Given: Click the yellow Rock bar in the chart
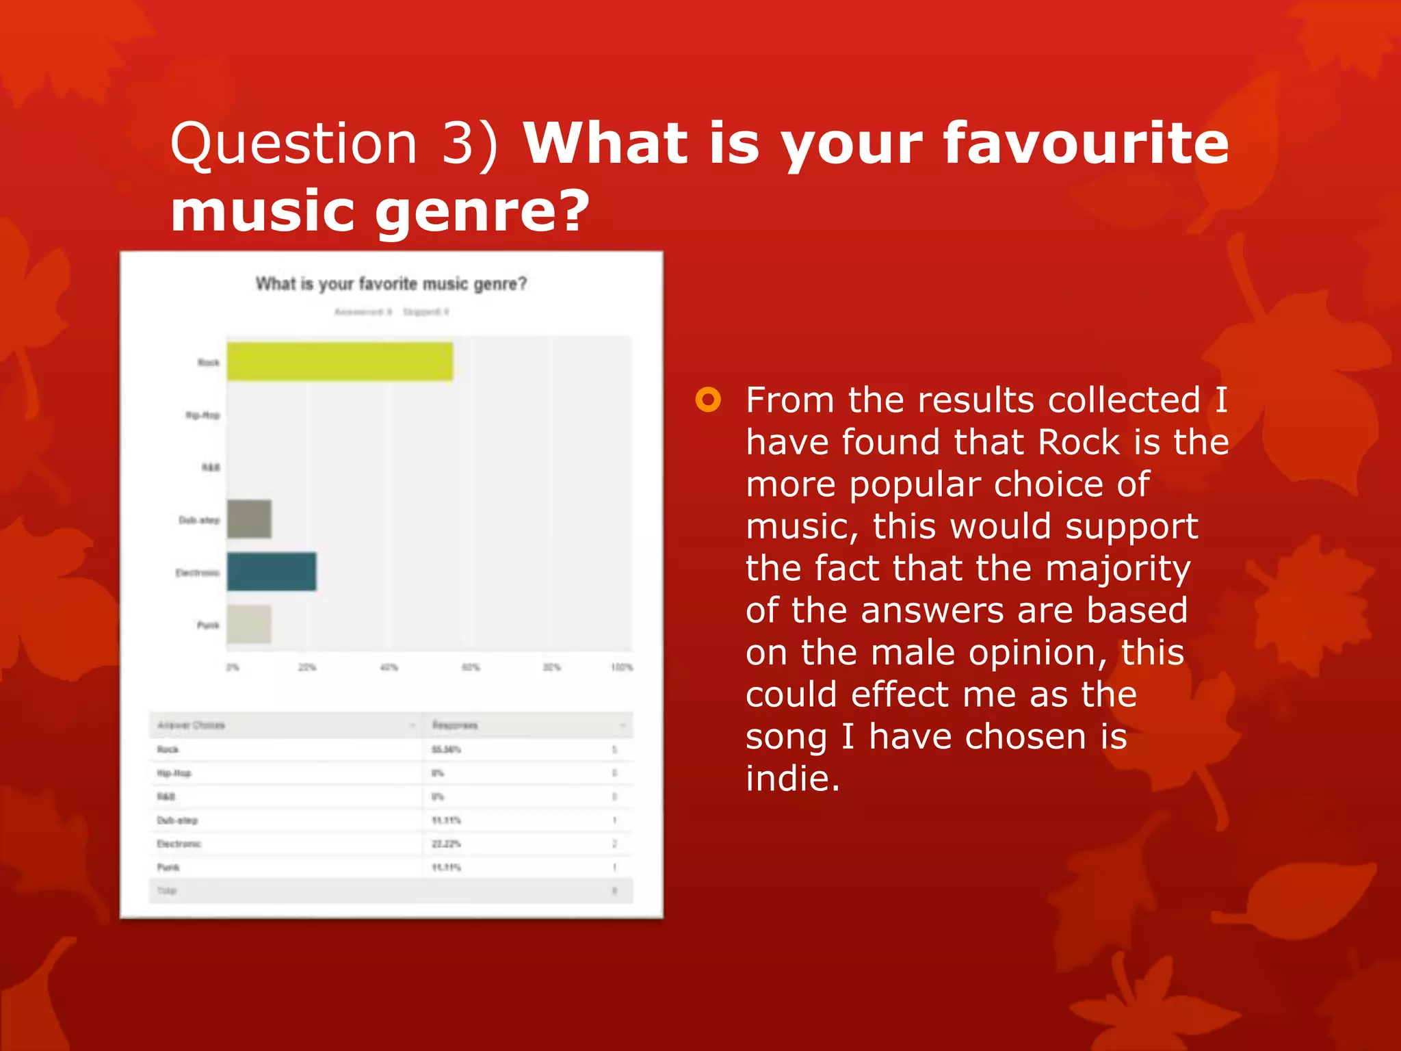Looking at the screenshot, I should click(x=340, y=361).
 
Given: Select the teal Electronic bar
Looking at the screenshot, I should click(x=272, y=571).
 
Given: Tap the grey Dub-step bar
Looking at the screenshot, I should click(x=249, y=519).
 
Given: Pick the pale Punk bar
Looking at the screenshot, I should click(x=249, y=624).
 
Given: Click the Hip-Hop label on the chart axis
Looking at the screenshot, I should click(x=202, y=415).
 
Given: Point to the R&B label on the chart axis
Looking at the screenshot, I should click(x=211, y=467).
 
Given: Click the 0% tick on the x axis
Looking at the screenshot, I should click(x=233, y=667).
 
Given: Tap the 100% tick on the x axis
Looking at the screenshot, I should click(x=622, y=667).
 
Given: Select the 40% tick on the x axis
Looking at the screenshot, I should click(x=389, y=667).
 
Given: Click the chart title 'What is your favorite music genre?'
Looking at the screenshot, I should click(x=391, y=284).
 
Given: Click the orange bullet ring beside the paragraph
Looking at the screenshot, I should click(x=708, y=400).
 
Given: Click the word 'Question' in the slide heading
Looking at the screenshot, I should click(x=293, y=143).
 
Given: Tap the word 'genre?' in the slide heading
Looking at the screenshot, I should click(x=482, y=210).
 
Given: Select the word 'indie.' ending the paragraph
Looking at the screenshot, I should click(x=793, y=779).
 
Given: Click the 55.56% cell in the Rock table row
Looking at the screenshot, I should click(x=446, y=750).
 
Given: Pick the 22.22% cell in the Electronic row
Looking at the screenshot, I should click(x=446, y=844).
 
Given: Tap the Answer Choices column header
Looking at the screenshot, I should click(x=191, y=725).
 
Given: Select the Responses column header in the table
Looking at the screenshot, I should click(x=455, y=725).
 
